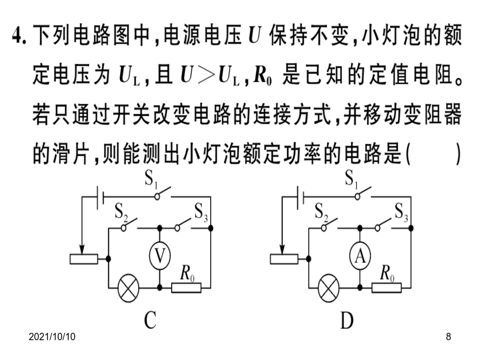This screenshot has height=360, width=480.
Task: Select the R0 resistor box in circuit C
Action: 186,288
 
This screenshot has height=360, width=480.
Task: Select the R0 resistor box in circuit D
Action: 387,288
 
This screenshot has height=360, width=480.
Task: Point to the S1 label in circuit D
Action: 351,179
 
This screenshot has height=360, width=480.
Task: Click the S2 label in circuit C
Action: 121,212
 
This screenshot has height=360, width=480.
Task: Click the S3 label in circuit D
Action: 401,212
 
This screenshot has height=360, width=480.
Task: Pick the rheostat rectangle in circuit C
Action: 84,259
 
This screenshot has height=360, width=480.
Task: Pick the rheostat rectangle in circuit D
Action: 284,259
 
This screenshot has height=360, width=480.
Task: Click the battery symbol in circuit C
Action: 100,197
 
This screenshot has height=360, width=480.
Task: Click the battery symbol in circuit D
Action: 300,197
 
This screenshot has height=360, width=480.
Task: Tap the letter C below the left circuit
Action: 150,320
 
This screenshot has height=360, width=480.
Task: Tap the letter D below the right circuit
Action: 347,320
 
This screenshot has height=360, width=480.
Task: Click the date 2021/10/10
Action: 52,337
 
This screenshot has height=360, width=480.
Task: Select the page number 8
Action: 449,337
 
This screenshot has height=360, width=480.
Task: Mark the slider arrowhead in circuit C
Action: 82,249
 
